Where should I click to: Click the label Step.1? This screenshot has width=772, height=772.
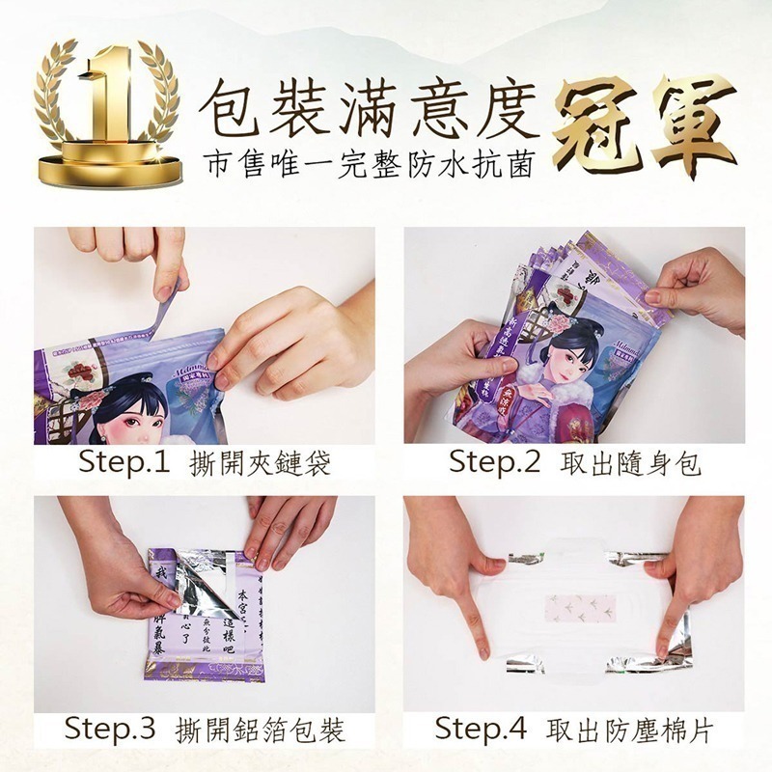point(124,463)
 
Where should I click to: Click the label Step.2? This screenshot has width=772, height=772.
point(494,463)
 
